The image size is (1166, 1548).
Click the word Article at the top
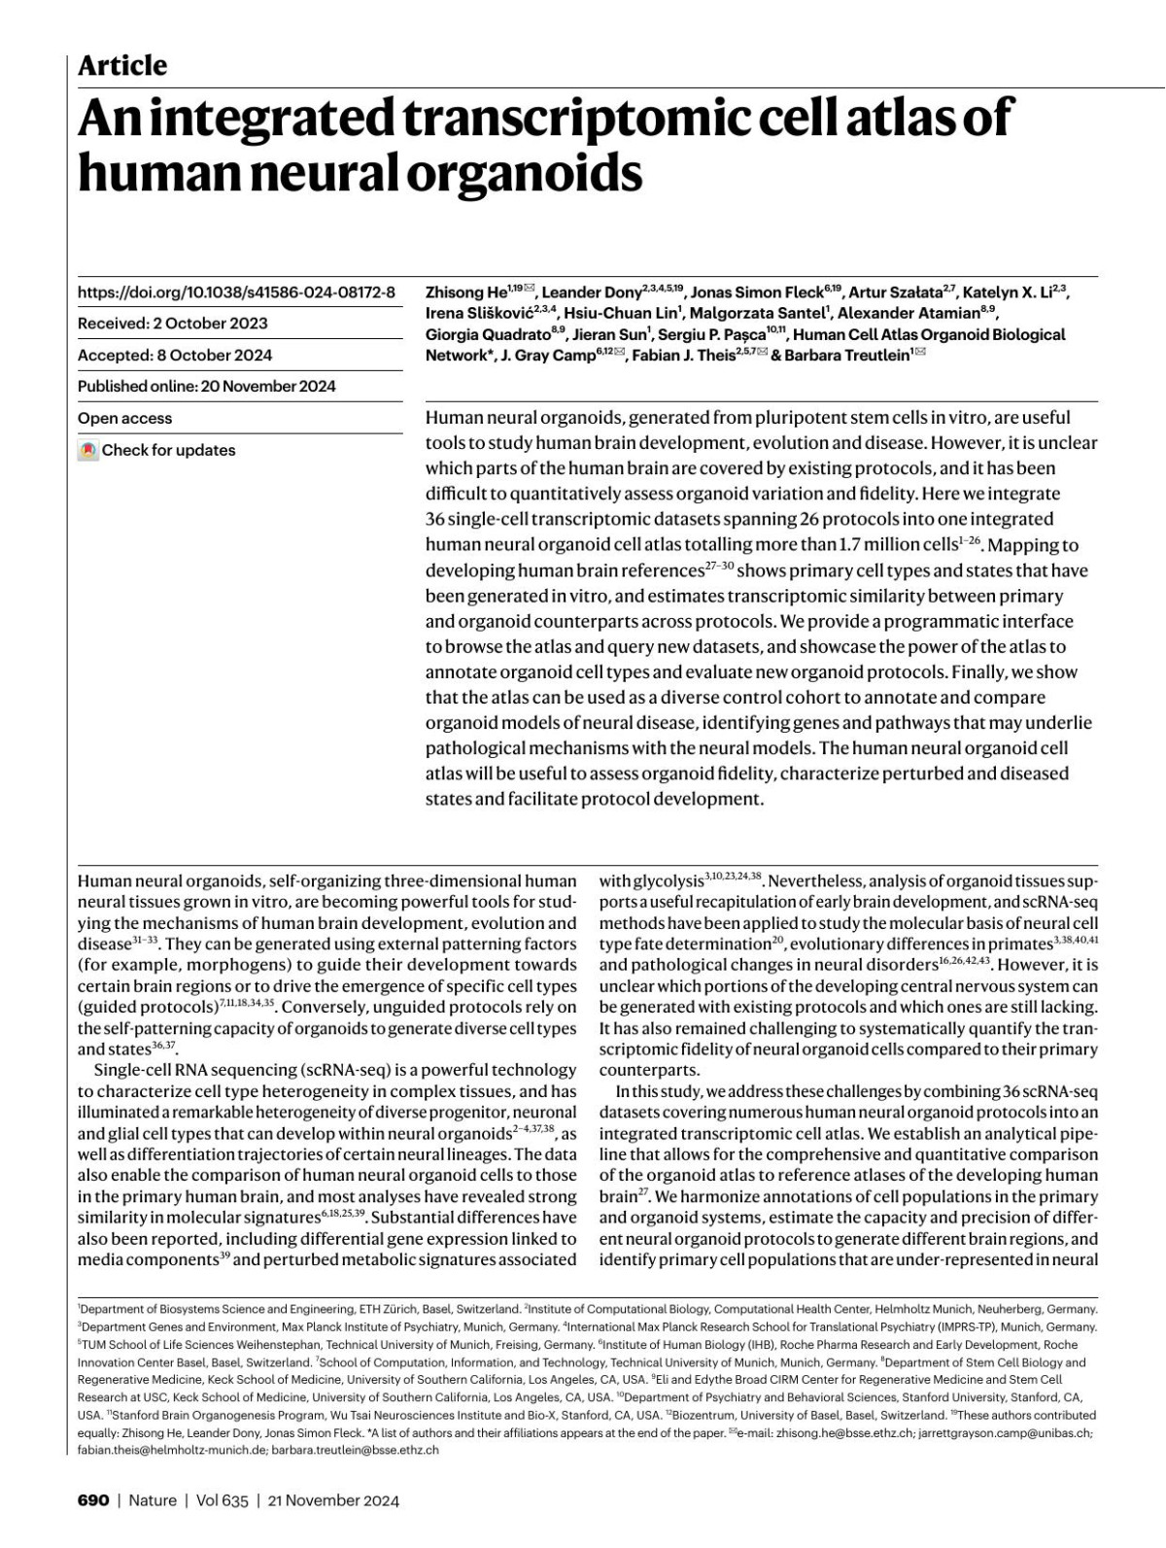coord(121,65)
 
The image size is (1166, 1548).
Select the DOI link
coord(236,292)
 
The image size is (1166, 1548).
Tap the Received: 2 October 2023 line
coord(172,324)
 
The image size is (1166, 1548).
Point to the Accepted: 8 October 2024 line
coord(175,355)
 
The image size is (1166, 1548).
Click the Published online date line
coord(206,386)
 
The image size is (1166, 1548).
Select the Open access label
coord(124,418)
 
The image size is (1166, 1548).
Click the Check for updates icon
coord(88,450)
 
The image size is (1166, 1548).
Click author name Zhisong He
coord(465,292)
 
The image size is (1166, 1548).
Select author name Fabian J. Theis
coord(684,356)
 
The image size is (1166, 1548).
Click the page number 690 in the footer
coord(93,1500)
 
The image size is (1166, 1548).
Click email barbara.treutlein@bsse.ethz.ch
coord(355,1450)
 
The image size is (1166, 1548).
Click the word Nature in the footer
coord(153,1500)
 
